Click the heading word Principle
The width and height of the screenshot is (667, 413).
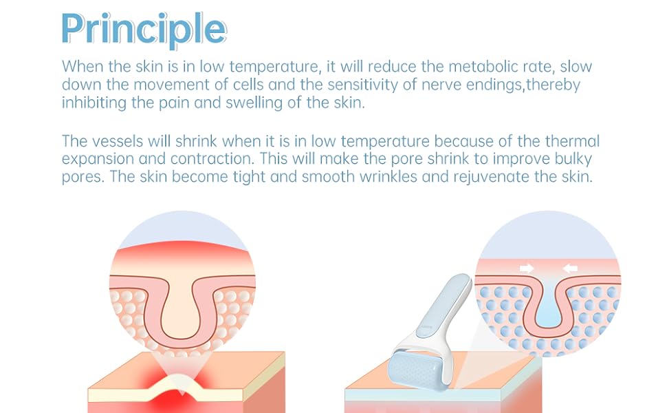[144, 29]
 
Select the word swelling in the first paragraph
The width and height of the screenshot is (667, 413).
[254, 103]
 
